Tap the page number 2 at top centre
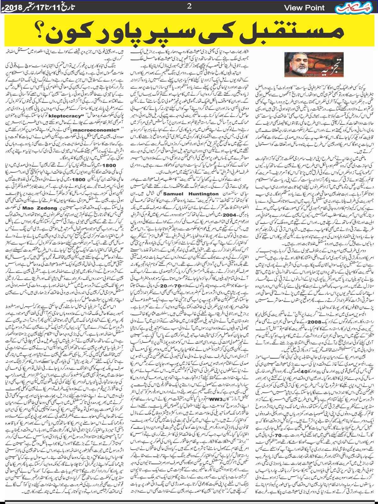click(189, 6)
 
